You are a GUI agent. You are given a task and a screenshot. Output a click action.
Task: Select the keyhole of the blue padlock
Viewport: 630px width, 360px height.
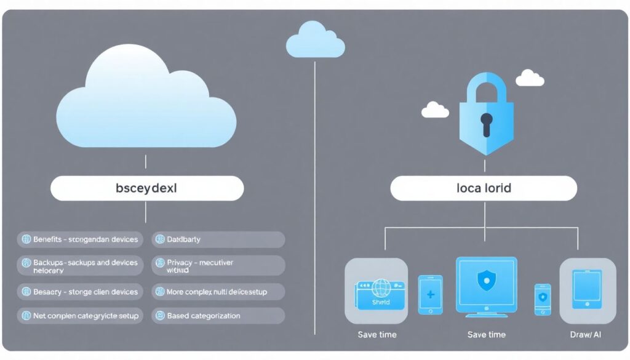(486, 123)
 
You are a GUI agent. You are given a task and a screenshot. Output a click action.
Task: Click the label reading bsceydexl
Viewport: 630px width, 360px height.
(146, 188)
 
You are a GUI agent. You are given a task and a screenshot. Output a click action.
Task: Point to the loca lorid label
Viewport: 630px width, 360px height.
(484, 188)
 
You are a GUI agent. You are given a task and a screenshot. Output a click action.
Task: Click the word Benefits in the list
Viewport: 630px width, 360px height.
(47, 239)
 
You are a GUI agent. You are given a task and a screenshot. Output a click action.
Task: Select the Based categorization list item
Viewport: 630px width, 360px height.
(204, 316)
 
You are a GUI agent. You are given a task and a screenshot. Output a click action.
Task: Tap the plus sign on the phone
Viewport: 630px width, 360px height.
(431, 295)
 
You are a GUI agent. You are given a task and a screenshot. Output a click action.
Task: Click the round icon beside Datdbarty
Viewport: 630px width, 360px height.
(159, 239)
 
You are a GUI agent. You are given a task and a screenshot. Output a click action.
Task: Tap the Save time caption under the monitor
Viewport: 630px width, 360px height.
(486, 335)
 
